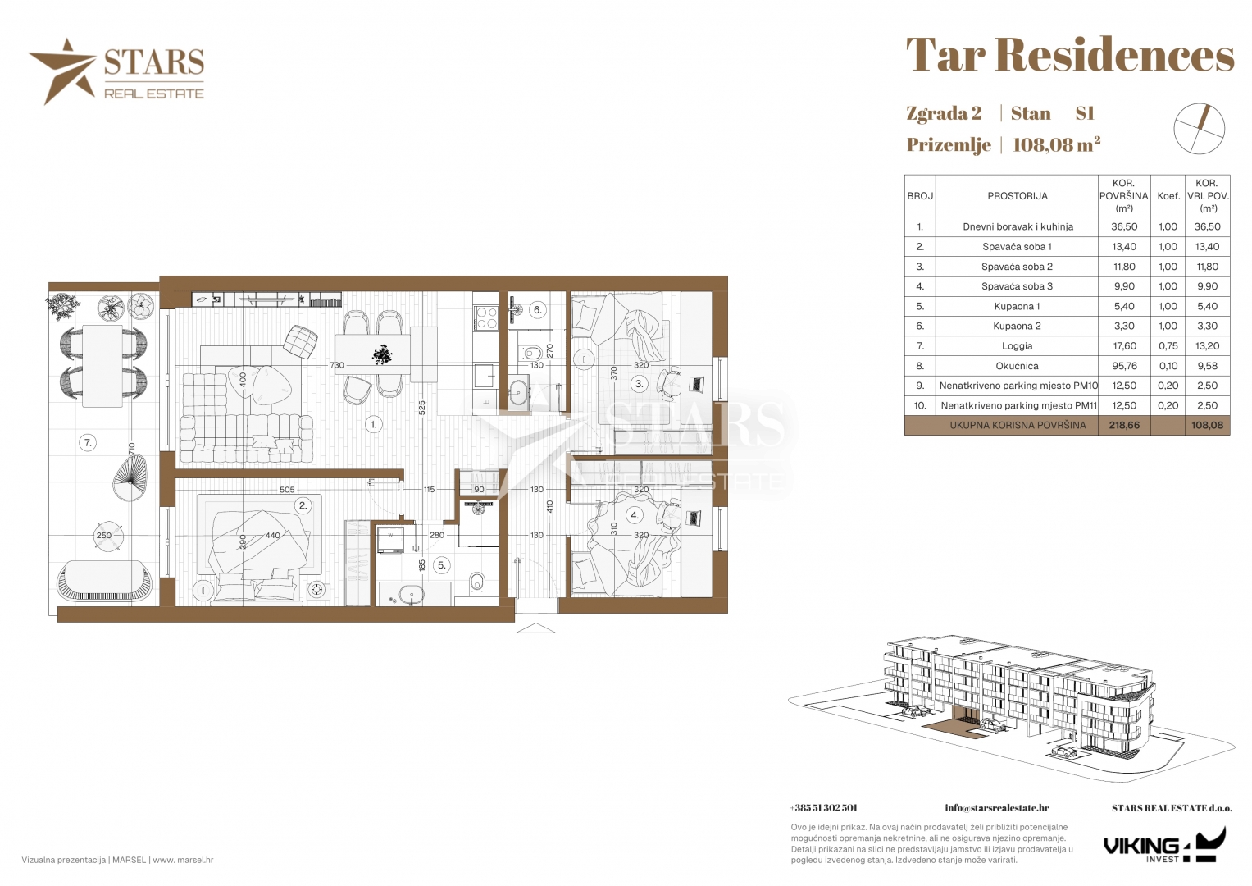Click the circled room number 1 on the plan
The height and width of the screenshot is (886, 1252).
[x=374, y=425]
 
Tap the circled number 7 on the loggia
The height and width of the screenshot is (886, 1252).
[x=88, y=443]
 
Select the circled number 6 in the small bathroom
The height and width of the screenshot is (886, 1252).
[x=537, y=310]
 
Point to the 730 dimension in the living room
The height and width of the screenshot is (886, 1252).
[x=337, y=365]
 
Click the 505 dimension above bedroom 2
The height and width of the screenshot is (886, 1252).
[x=287, y=490]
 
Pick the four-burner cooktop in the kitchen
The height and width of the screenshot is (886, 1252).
[x=485, y=317]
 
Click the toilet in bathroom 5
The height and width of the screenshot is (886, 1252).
[x=476, y=582]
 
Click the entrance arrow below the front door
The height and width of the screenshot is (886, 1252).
[x=535, y=628]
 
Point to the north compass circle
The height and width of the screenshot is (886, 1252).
[x=1199, y=129]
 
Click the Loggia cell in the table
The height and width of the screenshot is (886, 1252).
[x=1017, y=346]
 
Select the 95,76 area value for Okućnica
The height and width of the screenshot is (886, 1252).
[x=1124, y=366]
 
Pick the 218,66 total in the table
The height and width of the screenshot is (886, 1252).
[x=1124, y=425]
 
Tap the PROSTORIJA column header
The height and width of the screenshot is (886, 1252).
[x=1018, y=196]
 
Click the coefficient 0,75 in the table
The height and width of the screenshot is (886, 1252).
[x=1168, y=346]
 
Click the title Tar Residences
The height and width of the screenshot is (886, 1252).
[x=1070, y=56]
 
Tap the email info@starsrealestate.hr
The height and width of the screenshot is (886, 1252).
[x=996, y=808]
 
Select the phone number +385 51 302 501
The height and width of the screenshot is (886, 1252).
[x=823, y=808]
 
